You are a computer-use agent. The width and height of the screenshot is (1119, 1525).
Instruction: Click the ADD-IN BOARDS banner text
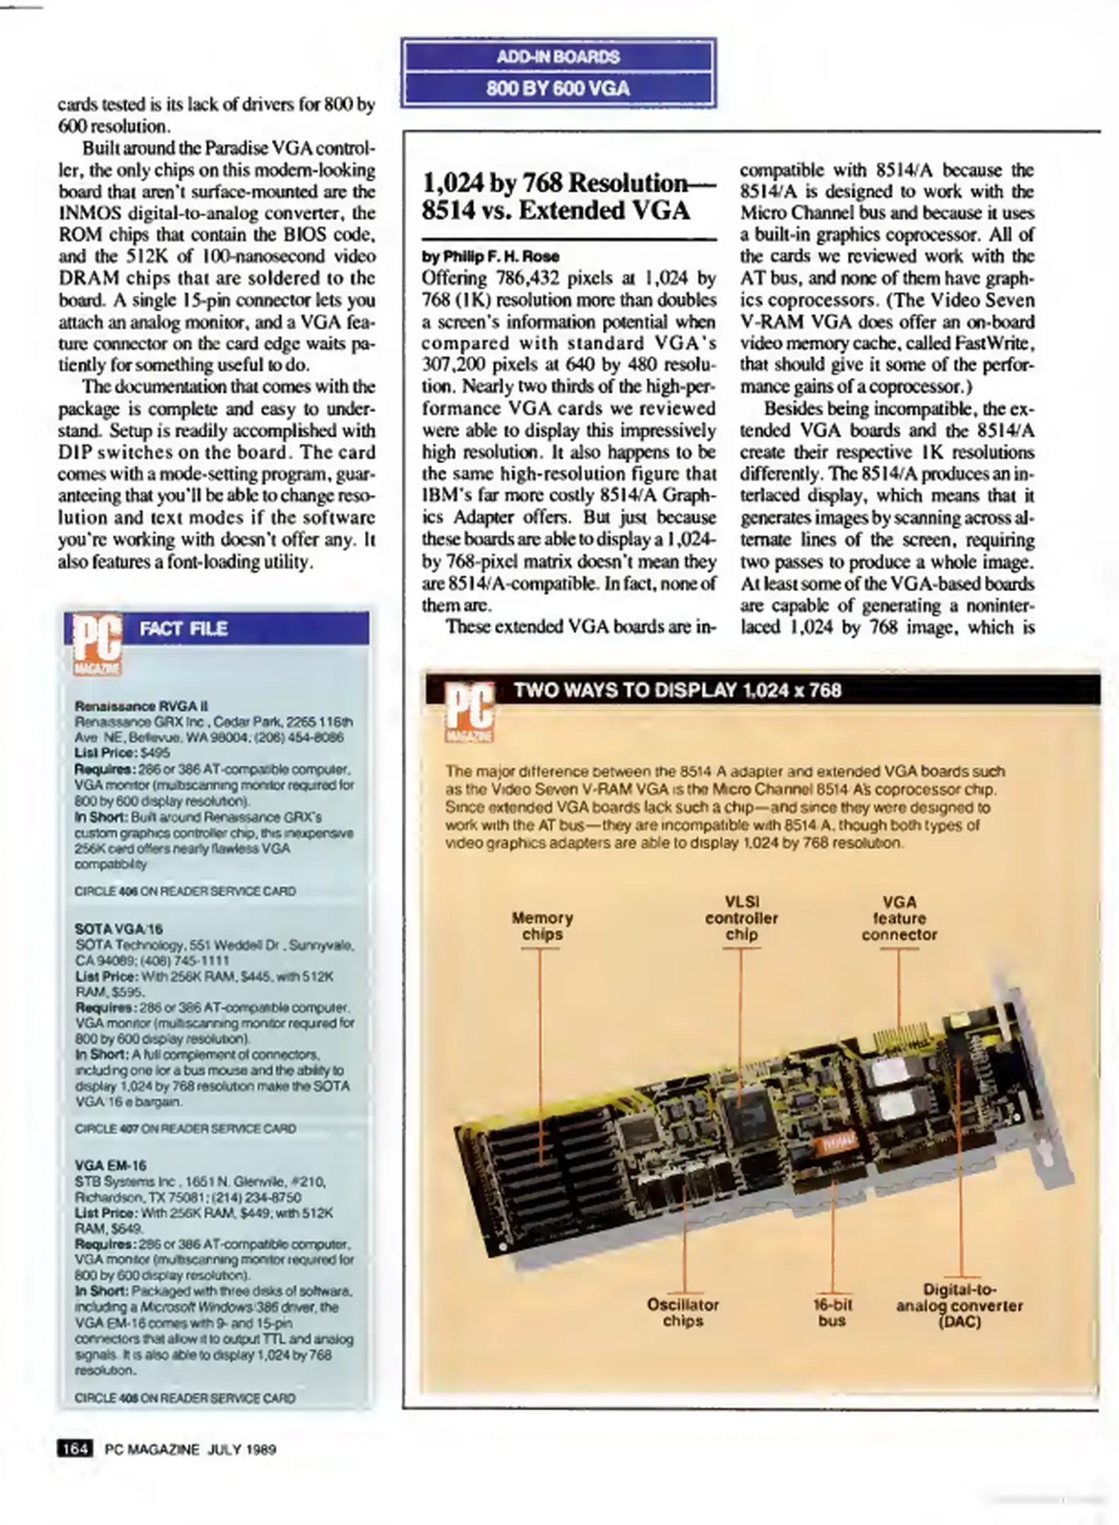coord(558,56)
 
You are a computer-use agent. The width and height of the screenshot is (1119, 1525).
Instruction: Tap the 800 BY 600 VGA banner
coord(558,88)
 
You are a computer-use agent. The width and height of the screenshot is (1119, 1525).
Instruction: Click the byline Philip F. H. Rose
coord(491,256)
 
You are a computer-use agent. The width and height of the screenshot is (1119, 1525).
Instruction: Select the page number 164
coord(75,1449)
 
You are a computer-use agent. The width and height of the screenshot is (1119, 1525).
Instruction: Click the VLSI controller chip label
coord(741,918)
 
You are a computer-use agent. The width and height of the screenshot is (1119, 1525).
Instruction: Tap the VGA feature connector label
coord(899,918)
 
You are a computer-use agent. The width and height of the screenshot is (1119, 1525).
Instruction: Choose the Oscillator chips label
coord(682,1312)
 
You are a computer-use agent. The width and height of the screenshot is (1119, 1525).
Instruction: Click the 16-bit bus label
coord(832,1312)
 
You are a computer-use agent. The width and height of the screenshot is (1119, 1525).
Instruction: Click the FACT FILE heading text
coord(184,628)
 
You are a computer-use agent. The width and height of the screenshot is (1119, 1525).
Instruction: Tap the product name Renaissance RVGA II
coord(141,706)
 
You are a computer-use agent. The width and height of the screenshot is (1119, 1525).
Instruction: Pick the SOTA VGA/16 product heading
coord(119,928)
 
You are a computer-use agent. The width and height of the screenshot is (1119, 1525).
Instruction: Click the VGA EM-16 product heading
coord(110,1166)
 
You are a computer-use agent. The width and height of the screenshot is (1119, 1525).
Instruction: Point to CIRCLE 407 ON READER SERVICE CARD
coord(185,1128)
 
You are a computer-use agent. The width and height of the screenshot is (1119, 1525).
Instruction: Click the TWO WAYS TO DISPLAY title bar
coord(678,690)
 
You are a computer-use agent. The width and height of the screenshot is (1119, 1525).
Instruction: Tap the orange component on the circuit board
coord(837,1141)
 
